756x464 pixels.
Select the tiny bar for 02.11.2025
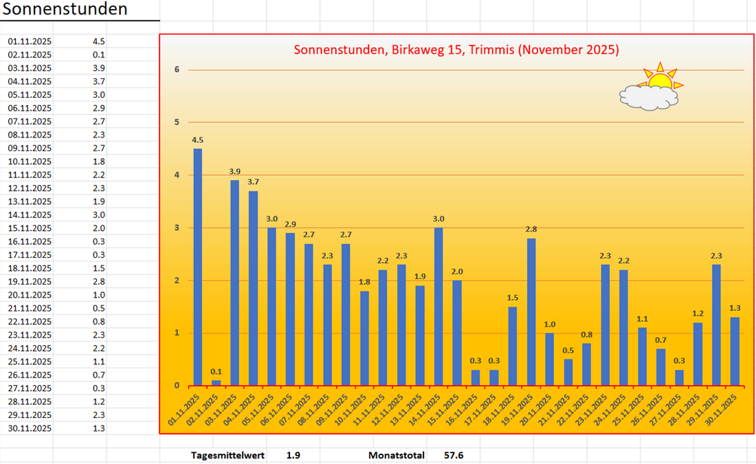point(216,382)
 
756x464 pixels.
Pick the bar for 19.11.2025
point(531,311)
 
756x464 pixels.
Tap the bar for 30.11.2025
point(735,351)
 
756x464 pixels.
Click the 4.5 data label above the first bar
point(197,140)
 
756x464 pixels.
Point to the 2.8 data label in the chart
point(531,230)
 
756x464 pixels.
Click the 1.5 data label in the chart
point(513,298)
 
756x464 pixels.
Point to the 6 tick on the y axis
point(177,69)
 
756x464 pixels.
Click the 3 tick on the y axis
point(177,228)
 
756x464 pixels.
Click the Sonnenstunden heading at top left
point(65,10)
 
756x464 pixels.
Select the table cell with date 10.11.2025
point(30,162)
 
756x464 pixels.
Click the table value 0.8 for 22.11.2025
point(98,322)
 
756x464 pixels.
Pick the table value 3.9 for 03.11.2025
point(98,68)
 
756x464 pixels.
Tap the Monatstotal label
point(397,455)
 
